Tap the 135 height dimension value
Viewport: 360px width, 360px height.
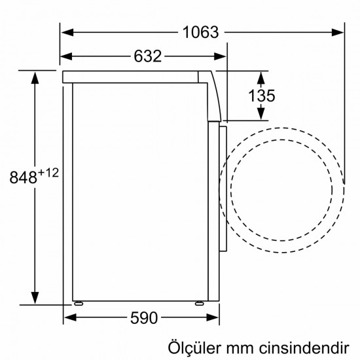pos(261,96)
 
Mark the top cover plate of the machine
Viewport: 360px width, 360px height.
pos(131,77)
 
